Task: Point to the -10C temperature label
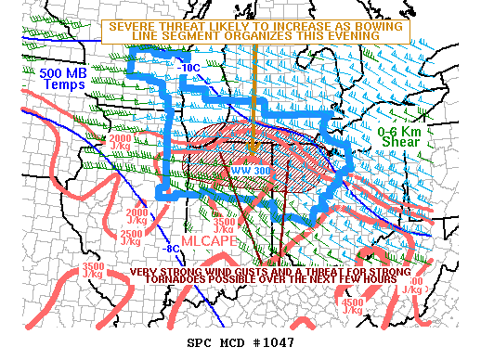(189, 67)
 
